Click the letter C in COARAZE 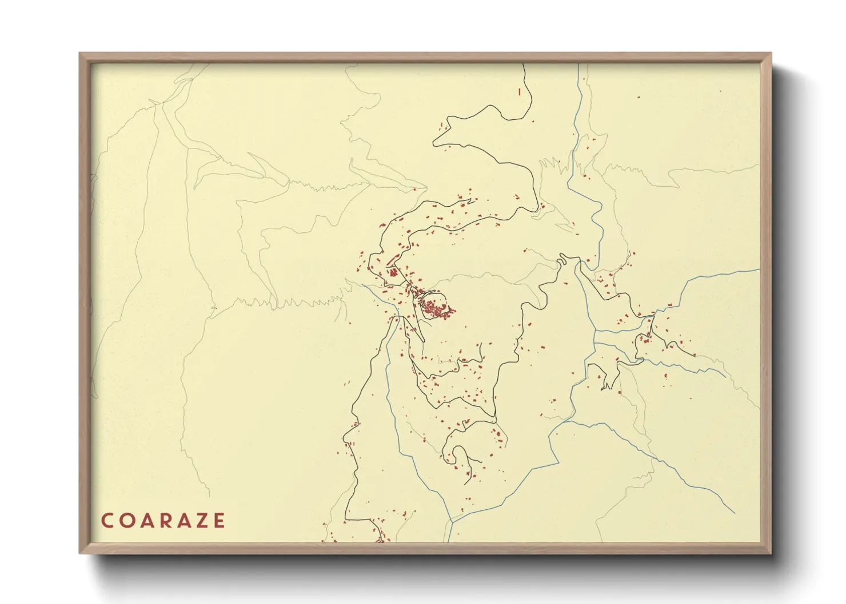tap(107, 521)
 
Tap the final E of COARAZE tap(219, 521)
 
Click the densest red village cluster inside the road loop tap(437, 309)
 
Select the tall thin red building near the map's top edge tap(519, 91)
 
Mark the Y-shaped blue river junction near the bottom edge tap(452, 521)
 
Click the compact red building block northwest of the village tap(393, 272)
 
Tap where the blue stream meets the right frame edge tap(759, 269)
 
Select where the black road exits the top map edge tap(524, 65)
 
